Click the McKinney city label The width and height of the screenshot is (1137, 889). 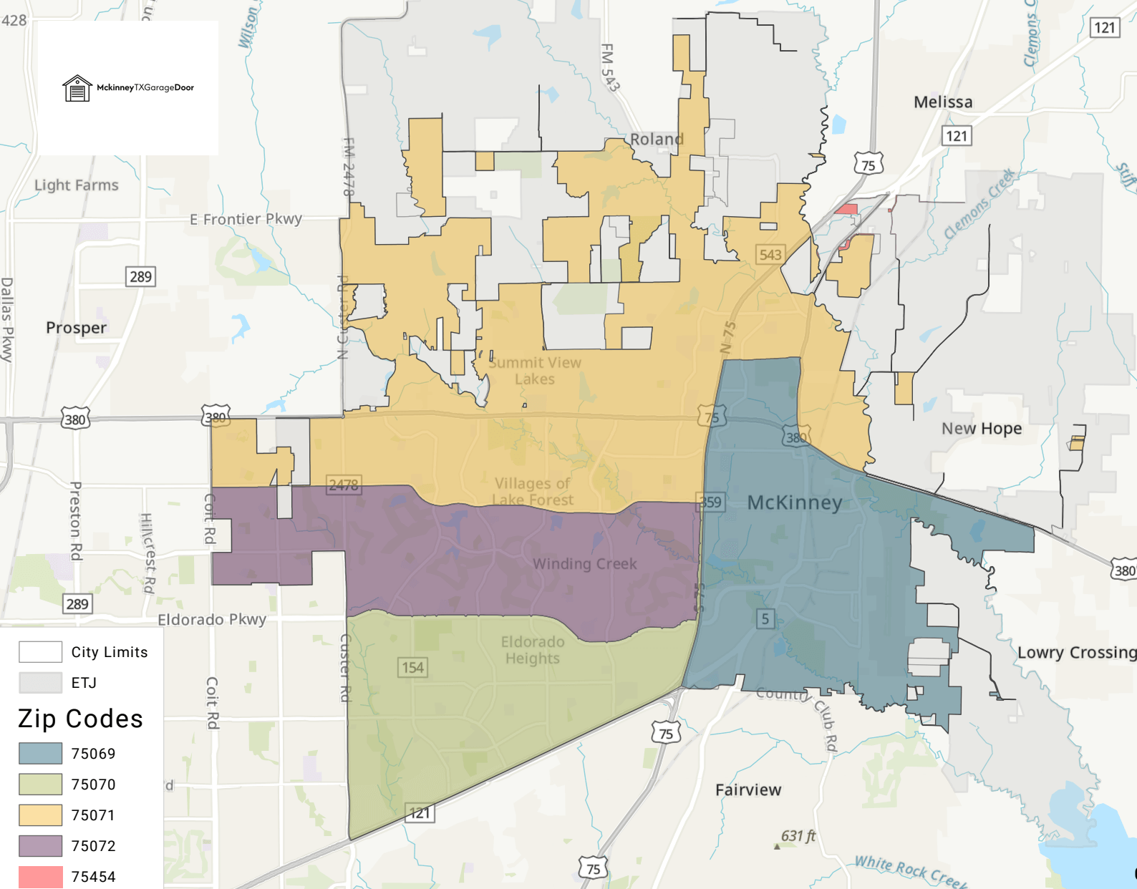point(794,502)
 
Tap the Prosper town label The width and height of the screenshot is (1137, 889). point(76,328)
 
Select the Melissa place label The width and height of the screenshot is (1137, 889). point(943,102)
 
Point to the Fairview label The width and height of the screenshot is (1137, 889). point(748,790)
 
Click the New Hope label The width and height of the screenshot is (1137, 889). point(981,428)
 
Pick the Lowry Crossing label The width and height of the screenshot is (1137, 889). point(1076,652)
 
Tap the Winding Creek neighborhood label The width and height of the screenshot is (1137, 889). point(584,564)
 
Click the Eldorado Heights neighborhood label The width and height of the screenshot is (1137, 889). point(533,650)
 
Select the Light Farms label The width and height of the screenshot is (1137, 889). point(77,185)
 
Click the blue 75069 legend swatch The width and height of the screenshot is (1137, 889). point(40,753)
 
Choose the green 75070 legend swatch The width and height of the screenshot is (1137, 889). point(40,784)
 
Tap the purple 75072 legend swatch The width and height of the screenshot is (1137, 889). point(40,845)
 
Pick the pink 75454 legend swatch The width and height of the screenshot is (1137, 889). point(40,876)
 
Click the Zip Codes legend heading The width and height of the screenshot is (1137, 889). point(80,719)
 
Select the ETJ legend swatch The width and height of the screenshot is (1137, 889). point(40,682)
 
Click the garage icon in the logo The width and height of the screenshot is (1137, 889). point(77,89)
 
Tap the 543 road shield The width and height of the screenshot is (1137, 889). point(770,254)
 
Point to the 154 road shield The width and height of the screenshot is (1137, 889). point(412,668)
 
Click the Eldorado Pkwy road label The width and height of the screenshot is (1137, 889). point(212,619)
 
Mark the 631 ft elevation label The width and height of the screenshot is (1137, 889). point(798,835)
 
